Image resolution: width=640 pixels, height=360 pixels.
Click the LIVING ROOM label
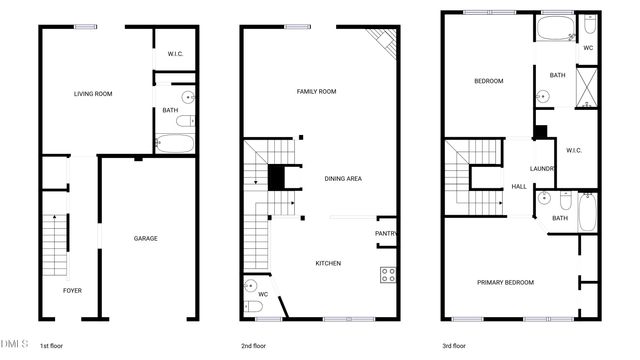point(93,94)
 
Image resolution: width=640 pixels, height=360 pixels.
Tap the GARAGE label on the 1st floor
point(146,238)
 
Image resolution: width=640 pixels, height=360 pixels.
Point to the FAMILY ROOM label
point(316,91)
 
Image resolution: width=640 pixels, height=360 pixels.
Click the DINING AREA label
point(343,179)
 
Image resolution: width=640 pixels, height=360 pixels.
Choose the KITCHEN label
point(328,263)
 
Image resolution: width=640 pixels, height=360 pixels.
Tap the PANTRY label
point(386,235)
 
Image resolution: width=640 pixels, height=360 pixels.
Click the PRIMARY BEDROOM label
point(505,282)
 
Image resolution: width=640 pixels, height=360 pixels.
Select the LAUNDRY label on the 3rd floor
point(543,169)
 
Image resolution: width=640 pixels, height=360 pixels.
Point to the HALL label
point(519,187)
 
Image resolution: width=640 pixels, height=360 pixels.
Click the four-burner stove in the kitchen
point(388,275)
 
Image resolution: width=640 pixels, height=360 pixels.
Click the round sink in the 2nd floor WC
point(250,286)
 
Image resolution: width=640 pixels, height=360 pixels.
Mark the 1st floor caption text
point(53,346)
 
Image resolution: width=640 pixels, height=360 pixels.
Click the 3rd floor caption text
point(454,346)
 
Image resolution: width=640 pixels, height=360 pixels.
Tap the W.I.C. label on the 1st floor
point(175,54)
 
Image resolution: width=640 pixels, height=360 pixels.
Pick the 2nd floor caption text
point(253,346)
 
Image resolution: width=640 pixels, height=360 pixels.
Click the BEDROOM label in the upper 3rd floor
point(489,81)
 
